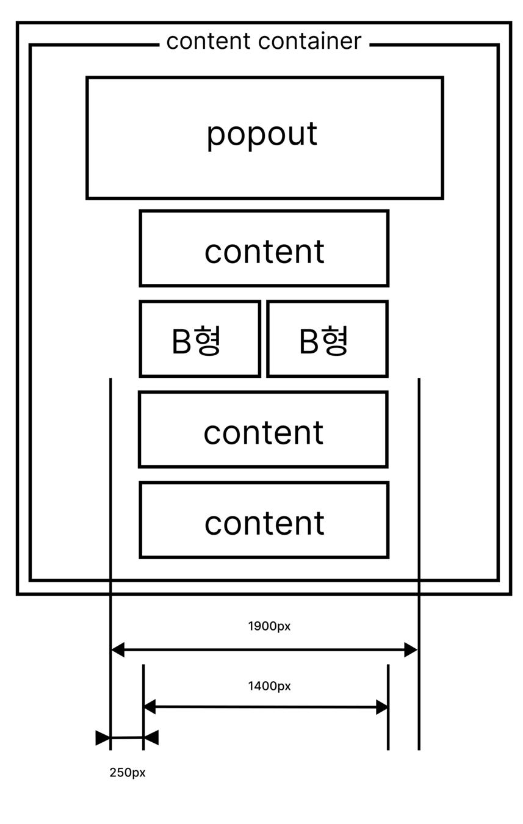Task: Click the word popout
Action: pyautogui.click(x=262, y=134)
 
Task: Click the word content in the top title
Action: pyautogui.click(x=208, y=41)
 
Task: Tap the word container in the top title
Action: pyautogui.click(x=309, y=41)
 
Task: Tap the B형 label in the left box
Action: pyautogui.click(x=196, y=340)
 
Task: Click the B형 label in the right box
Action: pyautogui.click(x=323, y=340)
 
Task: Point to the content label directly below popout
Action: pyautogui.click(x=264, y=251)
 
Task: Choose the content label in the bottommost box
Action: pyautogui.click(x=264, y=523)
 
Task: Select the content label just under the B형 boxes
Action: pyautogui.click(x=263, y=433)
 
